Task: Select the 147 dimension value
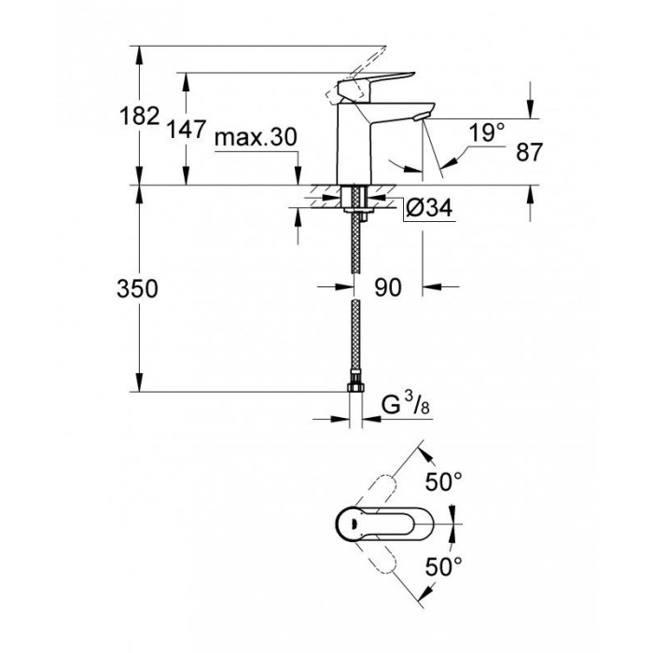coord(188,131)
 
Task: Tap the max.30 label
coord(255,139)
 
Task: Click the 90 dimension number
coord(387,288)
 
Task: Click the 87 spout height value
coord(529,153)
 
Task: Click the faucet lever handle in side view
coord(373,83)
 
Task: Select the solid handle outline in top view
coord(368,524)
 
